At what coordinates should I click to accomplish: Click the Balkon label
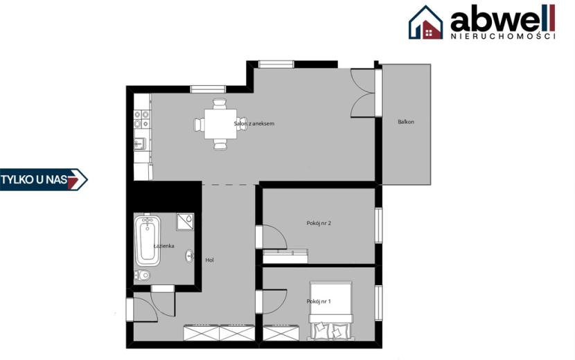[x=405, y=122]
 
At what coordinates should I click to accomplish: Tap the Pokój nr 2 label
[x=319, y=223]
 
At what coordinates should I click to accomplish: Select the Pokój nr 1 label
[x=319, y=301]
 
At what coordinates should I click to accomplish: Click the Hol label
[x=209, y=260]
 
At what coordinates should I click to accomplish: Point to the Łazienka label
[x=163, y=246]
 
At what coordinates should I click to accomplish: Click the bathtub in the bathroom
[x=148, y=240]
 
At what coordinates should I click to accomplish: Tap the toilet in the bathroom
[x=142, y=275]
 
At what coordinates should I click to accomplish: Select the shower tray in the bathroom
[x=185, y=222]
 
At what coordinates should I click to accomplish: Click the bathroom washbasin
[x=190, y=256]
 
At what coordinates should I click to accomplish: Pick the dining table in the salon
[x=220, y=124]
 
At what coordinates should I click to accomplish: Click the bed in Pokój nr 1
[x=331, y=310]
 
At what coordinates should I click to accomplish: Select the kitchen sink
[x=140, y=143]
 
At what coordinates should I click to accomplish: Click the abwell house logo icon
[x=426, y=22]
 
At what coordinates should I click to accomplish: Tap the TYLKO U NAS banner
[x=44, y=179]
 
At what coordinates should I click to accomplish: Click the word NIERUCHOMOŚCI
[x=502, y=36]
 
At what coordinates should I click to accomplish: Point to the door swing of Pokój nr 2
[x=274, y=237]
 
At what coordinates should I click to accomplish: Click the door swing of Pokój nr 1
[x=274, y=302]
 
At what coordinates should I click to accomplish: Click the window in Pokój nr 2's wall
[x=378, y=225]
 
